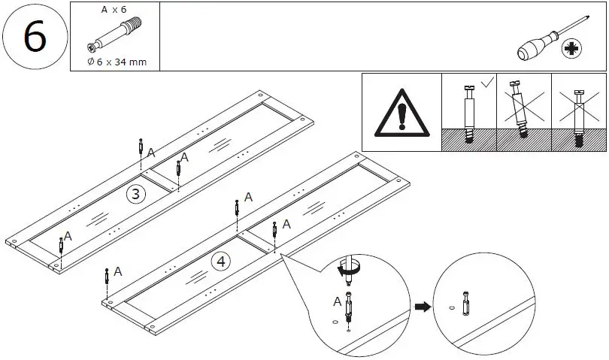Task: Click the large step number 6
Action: (x=35, y=37)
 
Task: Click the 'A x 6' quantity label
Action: (x=114, y=10)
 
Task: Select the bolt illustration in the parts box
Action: (x=114, y=36)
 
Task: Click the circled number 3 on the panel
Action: (x=135, y=194)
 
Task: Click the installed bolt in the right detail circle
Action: (x=467, y=304)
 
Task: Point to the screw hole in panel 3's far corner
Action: (x=260, y=96)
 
